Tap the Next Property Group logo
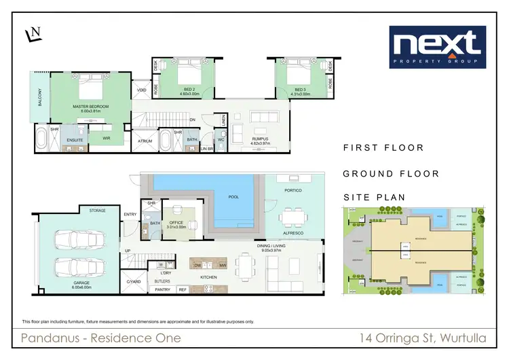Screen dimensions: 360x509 pyautogui.click(x=436, y=48)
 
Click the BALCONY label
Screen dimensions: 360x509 pyautogui.click(x=40, y=101)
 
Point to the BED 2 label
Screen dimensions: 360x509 pyautogui.click(x=189, y=89)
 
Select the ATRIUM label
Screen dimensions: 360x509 pyautogui.click(x=144, y=141)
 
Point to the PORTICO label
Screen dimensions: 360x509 pyautogui.click(x=293, y=190)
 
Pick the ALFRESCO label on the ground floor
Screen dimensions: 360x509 pyautogui.click(x=294, y=232)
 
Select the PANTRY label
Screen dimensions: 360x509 pyautogui.click(x=162, y=289)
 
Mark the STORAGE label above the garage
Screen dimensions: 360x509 pyautogui.click(x=97, y=211)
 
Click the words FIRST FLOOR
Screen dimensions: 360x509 pyautogui.click(x=383, y=147)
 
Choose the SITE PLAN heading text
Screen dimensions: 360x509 pyautogui.click(x=375, y=198)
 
